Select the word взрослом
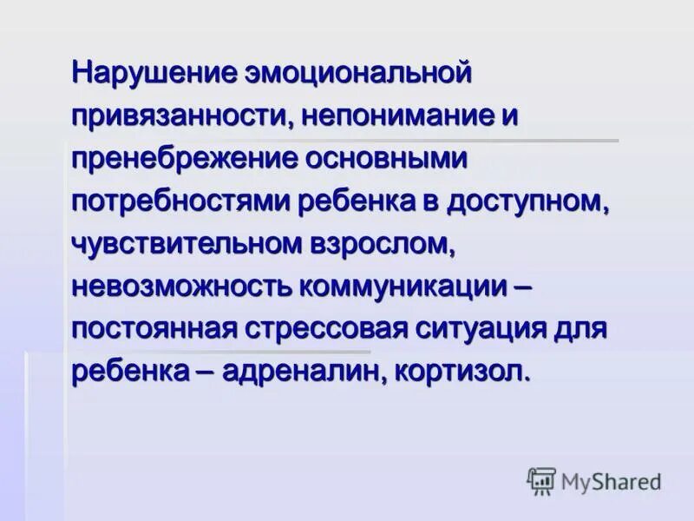click(381, 244)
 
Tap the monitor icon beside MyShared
click(541, 480)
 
